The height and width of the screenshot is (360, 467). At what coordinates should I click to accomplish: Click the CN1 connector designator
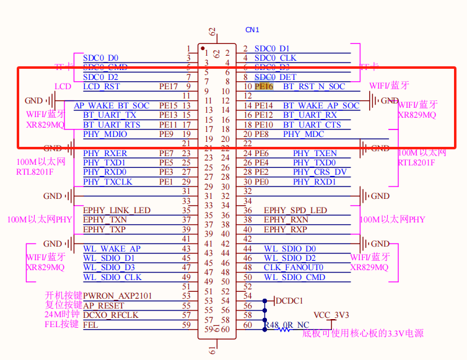pyautogui.click(x=252, y=30)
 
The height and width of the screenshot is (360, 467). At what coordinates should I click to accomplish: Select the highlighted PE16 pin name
pyautogui.click(x=264, y=87)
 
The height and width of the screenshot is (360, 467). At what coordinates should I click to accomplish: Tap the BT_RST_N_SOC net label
pyautogui.click(x=314, y=87)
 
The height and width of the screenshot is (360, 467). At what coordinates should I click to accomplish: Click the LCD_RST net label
pyautogui.click(x=101, y=87)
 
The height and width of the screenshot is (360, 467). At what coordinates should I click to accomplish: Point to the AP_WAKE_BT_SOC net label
pyautogui.click(x=111, y=106)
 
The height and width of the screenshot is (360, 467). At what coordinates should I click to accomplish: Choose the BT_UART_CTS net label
pyautogui.click(x=312, y=125)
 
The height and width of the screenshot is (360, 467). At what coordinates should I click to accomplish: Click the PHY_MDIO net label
pyautogui.click(x=105, y=134)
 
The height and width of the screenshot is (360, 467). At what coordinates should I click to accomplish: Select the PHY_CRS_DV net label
pyautogui.click(x=320, y=172)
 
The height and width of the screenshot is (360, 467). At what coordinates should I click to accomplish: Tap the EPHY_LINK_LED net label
pyautogui.click(x=116, y=210)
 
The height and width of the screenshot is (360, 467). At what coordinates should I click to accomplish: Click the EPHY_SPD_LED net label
pyautogui.click(x=295, y=210)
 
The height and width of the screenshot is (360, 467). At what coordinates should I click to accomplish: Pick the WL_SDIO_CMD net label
pyautogui.click(x=294, y=277)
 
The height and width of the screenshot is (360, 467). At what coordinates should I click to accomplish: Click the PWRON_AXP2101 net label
pyautogui.click(x=117, y=296)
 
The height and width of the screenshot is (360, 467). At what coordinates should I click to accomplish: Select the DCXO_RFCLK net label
pyautogui.click(x=111, y=315)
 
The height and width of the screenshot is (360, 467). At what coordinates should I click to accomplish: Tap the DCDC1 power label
pyautogui.click(x=289, y=301)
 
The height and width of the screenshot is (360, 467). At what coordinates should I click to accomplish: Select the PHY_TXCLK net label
pyautogui.click(x=107, y=182)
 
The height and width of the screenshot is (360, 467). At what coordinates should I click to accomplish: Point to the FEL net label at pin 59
pyautogui.click(x=90, y=325)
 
